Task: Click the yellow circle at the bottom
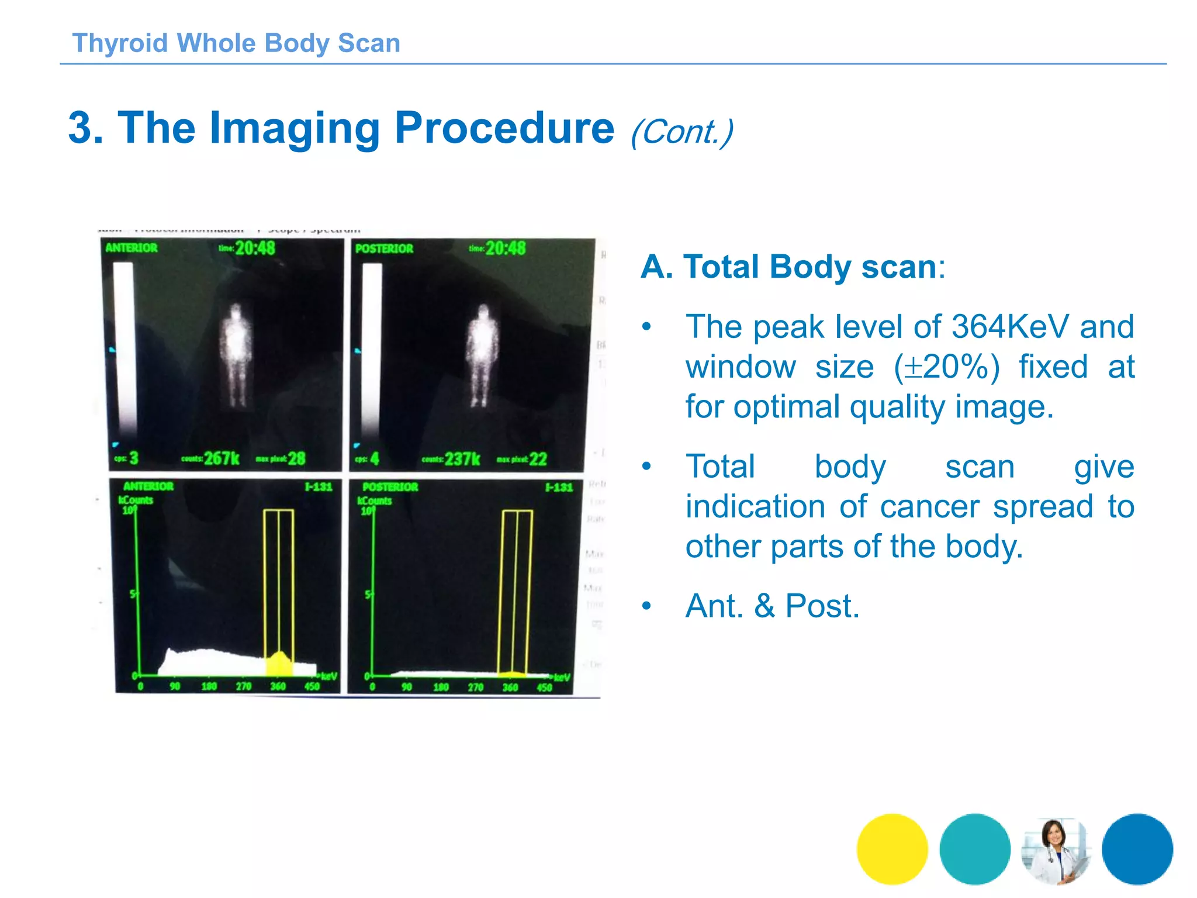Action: tap(892, 848)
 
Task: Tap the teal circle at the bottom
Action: tap(974, 848)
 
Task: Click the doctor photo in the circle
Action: tap(1056, 849)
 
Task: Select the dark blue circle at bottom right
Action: tap(1137, 848)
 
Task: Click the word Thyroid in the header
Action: tap(120, 43)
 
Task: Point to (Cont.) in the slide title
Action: tap(681, 132)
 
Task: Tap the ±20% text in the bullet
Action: tap(947, 367)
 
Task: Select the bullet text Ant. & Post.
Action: tap(772, 606)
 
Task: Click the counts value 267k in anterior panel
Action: tap(222, 458)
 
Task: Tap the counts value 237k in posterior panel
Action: tap(462, 459)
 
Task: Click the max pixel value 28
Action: tap(296, 458)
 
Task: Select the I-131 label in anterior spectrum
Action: tap(319, 486)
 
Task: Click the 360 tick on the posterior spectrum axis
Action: tap(510, 688)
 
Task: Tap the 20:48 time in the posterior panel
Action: tap(506, 248)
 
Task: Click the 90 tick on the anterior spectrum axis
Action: tap(175, 686)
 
